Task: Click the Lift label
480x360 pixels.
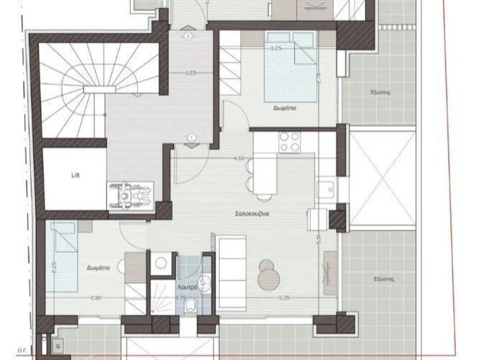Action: click(75, 175)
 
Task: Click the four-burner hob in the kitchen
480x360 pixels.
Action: click(289, 142)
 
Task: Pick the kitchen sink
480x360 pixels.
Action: click(326, 190)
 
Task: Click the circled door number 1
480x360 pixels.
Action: click(192, 138)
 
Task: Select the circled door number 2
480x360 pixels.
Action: click(188, 35)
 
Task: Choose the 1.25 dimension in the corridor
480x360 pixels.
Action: click(190, 73)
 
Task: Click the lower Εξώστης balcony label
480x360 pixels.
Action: click(384, 278)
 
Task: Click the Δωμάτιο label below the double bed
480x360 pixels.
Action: click(285, 108)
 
